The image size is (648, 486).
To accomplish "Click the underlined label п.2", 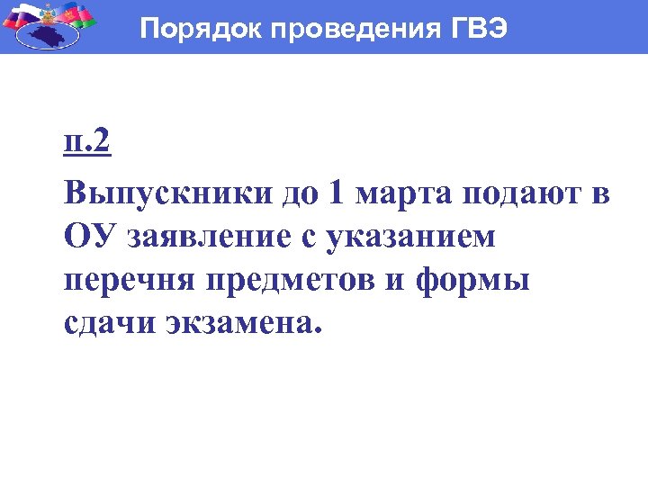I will coord(87,145).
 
